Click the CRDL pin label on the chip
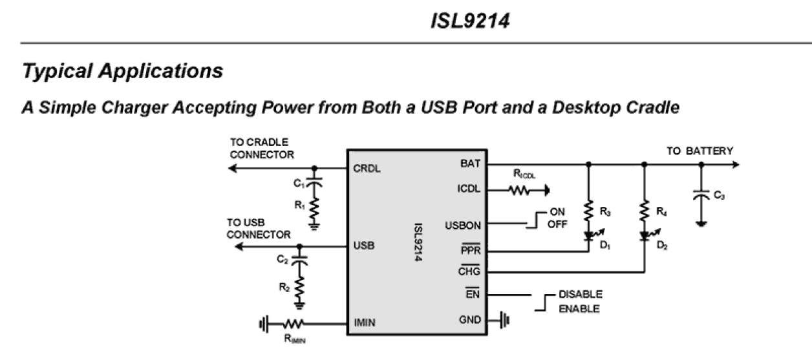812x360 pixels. click(367, 169)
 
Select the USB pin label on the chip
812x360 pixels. click(364, 246)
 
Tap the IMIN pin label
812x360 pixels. click(365, 322)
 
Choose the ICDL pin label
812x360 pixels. click(469, 190)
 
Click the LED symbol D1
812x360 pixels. click(588, 237)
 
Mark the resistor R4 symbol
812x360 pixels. click(644, 211)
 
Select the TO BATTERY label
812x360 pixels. click(700, 151)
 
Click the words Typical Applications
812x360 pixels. click(122, 71)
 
